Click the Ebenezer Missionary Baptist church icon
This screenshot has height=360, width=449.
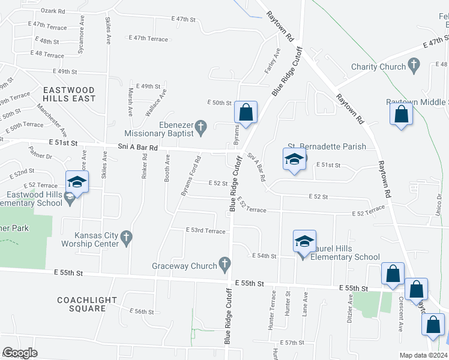[202, 127]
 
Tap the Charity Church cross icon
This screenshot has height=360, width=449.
[413, 64]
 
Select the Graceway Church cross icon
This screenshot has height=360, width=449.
[224, 262]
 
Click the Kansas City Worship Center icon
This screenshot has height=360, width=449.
[126, 239]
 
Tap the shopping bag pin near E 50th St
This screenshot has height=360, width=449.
[246, 112]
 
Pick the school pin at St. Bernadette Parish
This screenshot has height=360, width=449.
[294, 160]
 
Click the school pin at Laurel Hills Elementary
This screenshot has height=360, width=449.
[304, 242]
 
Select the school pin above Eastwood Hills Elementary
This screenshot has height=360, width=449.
[77, 182]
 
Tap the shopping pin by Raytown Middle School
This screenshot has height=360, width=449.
[401, 113]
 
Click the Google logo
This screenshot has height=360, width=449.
[20, 352]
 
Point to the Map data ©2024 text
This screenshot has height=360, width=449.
[423, 355]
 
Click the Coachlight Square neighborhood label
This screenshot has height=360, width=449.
[82, 304]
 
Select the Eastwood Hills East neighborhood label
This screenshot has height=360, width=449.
[69, 94]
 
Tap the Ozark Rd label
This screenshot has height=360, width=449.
[53, 11]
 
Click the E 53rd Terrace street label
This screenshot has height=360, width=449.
[206, 230]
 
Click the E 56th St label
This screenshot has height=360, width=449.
[145, 311]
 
